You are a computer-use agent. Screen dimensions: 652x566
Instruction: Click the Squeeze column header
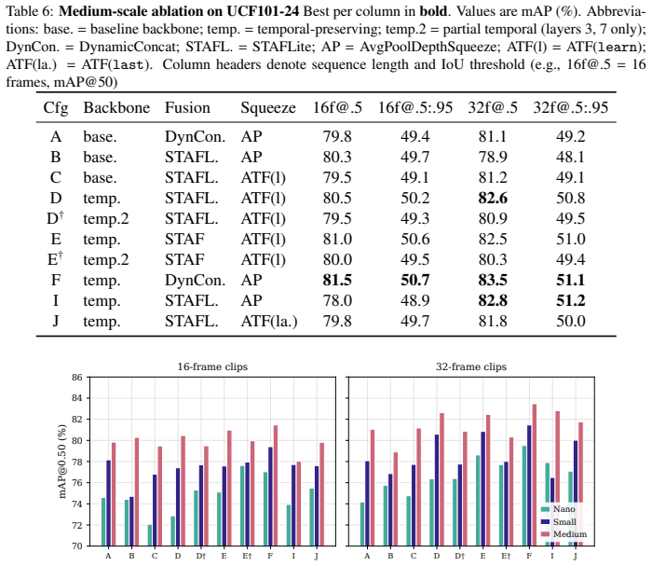tap(268, 108)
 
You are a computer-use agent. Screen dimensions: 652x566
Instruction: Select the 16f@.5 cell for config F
tap(337, 280)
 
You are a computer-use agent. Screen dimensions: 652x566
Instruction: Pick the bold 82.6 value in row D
tap(493, 198)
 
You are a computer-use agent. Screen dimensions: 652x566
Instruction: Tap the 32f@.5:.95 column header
tap(570, 108)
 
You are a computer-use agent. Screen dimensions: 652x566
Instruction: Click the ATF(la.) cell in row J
tap(269, 322)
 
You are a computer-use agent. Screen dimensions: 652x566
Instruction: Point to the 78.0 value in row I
tap(337, 301)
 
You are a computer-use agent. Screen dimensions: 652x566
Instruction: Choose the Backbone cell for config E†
tap(106, 260)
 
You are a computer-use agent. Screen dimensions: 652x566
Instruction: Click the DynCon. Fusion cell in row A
tap(195, 136)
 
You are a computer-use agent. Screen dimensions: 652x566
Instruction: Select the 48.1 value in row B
tap(570, 157)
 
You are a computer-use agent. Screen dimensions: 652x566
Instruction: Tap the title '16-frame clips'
tap(212, 366)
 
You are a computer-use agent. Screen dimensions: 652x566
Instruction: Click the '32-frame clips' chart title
tap(471, 366)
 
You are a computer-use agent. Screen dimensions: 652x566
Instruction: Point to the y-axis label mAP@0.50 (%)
tap(62, 462)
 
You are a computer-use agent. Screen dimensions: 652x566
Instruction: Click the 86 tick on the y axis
tap(77, 378)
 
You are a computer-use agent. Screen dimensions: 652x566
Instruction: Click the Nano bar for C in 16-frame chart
tap(150, 535)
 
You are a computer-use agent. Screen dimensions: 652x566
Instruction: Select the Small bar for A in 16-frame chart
tap(109, 504)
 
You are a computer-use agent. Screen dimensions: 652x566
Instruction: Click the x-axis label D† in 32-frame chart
tap(459, 556)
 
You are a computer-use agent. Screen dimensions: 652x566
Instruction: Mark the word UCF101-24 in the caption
tap(263, 11)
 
